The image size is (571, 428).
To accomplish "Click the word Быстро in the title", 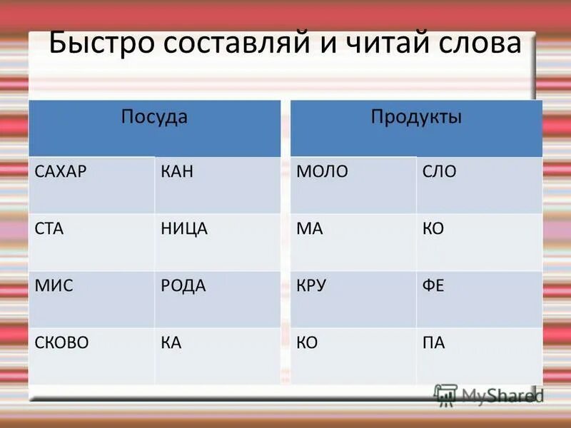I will pos(105,44).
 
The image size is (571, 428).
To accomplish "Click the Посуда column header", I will pos(154,116).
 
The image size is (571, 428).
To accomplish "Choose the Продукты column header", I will pos(416,116).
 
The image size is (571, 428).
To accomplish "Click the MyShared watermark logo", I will pos(490,394).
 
